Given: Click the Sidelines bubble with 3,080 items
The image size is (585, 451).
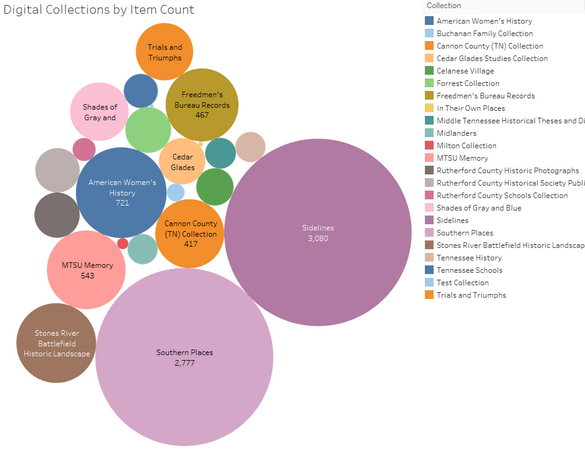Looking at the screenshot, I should (318, 232).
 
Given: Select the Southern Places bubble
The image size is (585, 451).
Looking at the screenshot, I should (184, 357).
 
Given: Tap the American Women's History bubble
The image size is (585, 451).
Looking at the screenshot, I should (121, 192).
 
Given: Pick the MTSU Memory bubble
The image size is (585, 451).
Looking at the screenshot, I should (87, 270).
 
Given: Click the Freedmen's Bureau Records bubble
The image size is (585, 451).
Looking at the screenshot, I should (202, 105).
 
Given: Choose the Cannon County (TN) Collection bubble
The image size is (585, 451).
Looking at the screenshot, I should (189, 233).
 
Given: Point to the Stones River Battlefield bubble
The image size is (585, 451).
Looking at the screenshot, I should (56, 343).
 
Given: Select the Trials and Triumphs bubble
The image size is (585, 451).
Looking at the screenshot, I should (164, 52).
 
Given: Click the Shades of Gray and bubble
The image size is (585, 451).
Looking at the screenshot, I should (100, 112).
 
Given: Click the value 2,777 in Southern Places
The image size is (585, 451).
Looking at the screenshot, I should (184, 363).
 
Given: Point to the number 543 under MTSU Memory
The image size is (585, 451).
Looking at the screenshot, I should (87, 275).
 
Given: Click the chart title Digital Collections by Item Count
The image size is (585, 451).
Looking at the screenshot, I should (99, 10).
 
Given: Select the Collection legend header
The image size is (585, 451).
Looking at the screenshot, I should (444, 6).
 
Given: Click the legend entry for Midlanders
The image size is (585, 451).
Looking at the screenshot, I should (456, 133).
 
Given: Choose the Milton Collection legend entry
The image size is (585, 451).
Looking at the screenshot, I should (466, 146).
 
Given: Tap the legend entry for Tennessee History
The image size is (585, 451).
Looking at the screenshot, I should (468, 258).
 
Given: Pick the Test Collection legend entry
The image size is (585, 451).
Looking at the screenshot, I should (462, 283).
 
